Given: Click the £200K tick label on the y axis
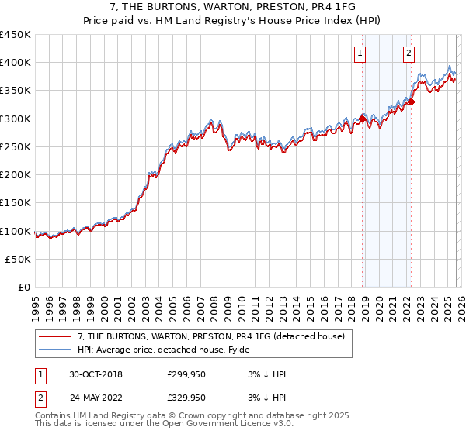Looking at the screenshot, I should [x=16, y=175].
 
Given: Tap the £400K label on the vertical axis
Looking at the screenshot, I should [x=16, y=63].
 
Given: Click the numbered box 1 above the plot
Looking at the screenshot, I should [x=361, y=53].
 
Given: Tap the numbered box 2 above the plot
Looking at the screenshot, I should [x=409, y=53].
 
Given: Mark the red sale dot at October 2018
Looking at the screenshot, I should [x=362, y=119].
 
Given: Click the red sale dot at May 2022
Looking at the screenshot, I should [x=411, y=102].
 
